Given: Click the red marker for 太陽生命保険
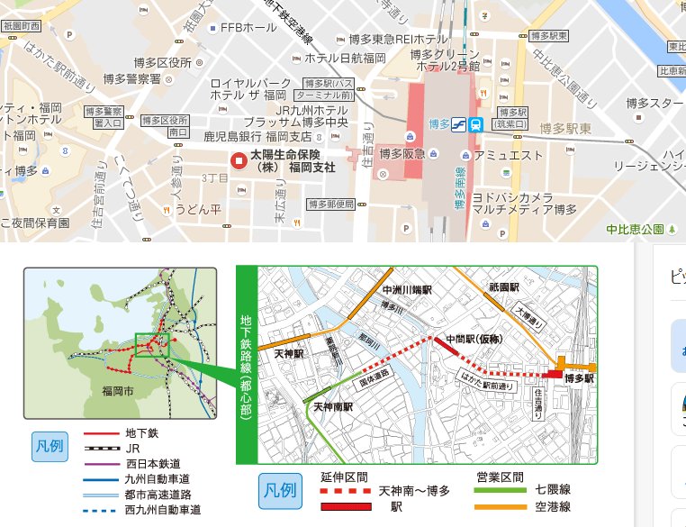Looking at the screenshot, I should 239,161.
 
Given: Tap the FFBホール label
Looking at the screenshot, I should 248,28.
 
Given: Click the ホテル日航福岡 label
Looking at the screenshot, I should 345,58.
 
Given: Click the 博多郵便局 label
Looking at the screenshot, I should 330,204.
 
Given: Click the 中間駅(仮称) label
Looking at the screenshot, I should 473,339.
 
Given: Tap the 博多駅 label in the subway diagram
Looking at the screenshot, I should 580,379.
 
